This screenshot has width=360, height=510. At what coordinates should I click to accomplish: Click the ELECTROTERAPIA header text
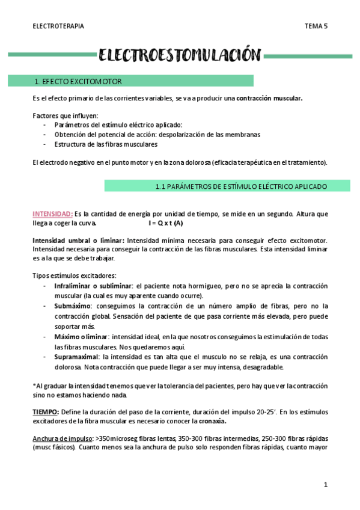click(58, 26)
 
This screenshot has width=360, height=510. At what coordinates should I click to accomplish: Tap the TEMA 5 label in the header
click(316, 26)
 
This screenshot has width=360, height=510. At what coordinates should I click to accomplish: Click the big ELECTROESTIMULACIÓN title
click(180, 56)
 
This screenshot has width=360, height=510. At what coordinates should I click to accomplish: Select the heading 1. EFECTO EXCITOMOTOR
click(79, 81)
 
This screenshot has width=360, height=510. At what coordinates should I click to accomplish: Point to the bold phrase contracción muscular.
click(269, 98)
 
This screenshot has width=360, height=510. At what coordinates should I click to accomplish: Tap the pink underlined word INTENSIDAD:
click(52, 214)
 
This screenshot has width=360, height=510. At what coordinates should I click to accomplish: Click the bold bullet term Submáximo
click(73, 306)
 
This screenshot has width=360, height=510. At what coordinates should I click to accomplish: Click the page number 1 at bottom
click(325, 484)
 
